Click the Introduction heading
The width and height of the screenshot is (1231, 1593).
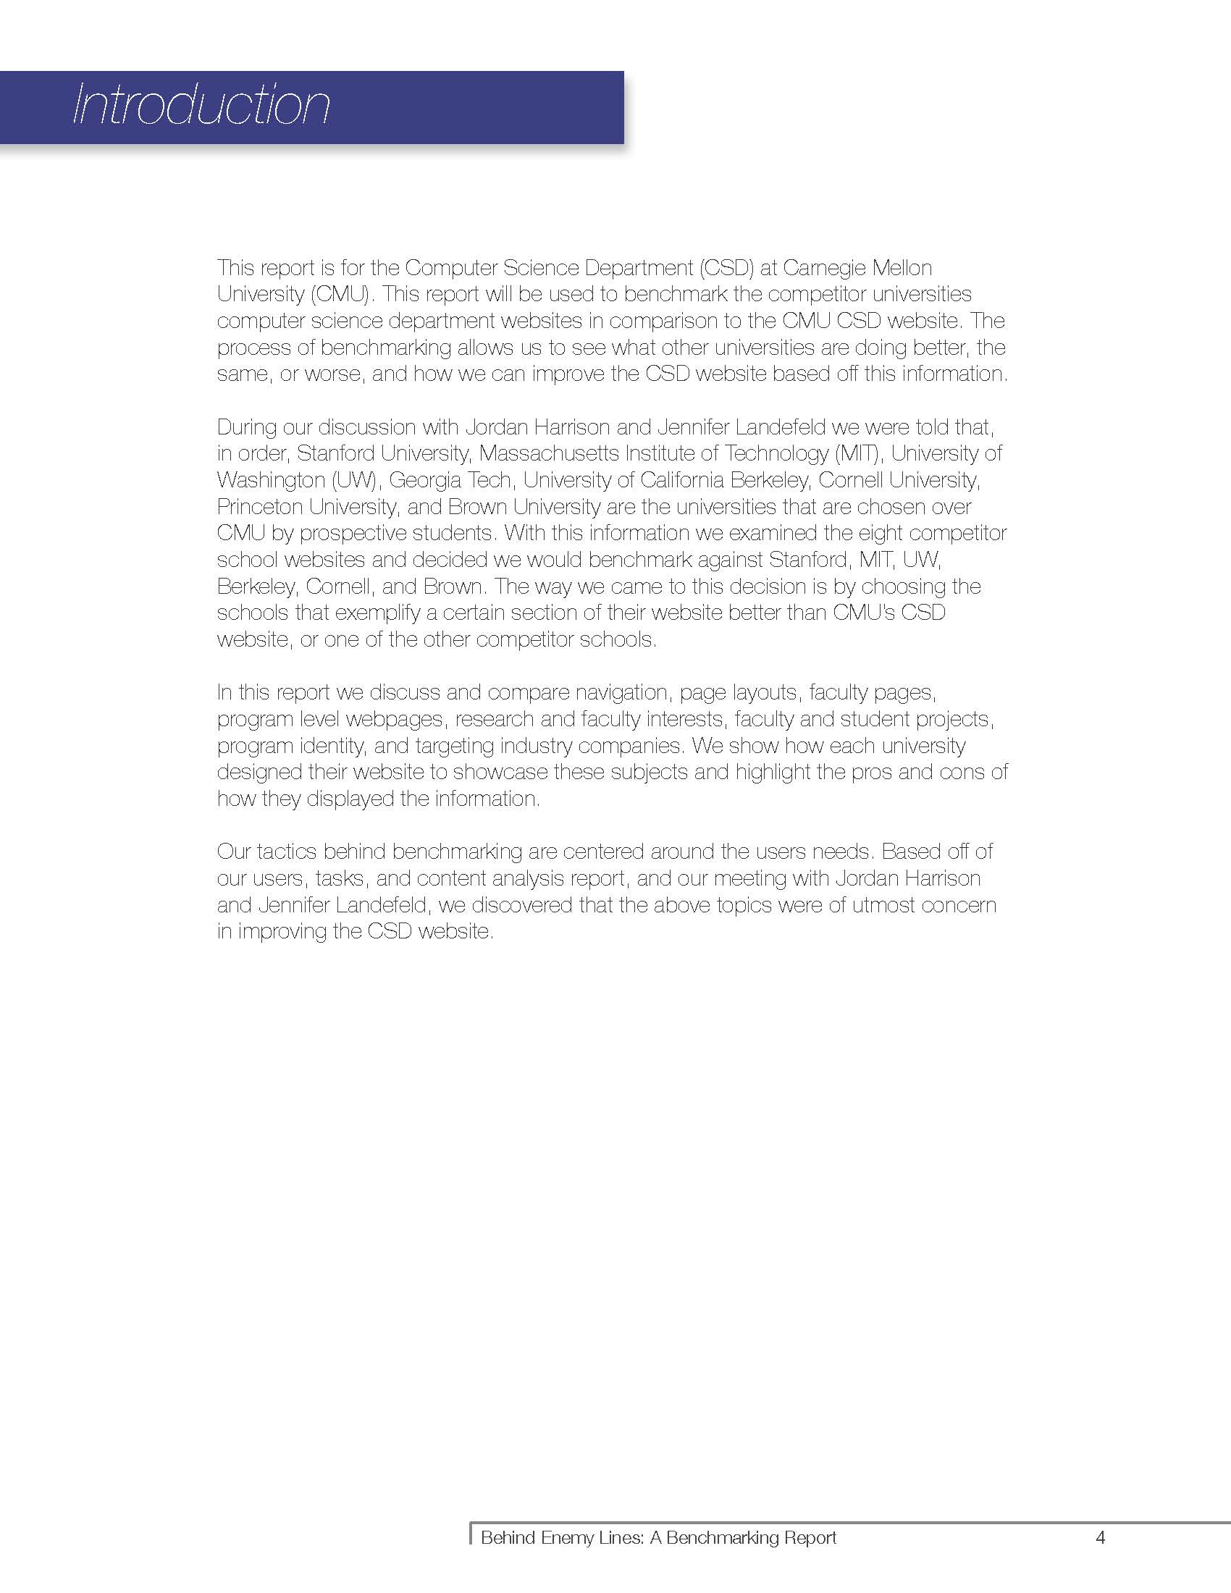click(x=201, y=106)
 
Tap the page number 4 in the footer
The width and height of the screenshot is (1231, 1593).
click(x=1101, y=1537)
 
